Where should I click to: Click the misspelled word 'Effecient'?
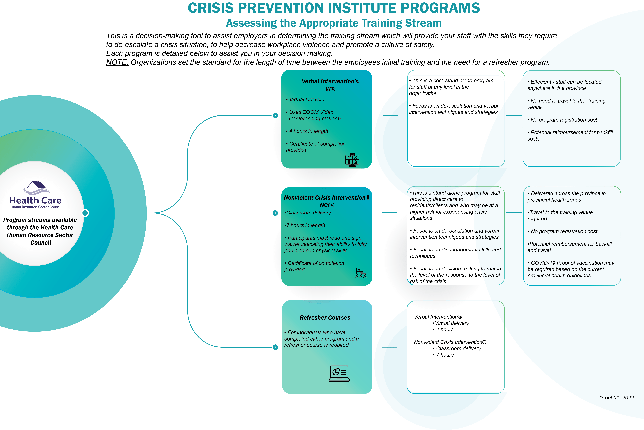click(x=541, y=82)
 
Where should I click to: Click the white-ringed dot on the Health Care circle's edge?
click(x=85, y=213)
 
